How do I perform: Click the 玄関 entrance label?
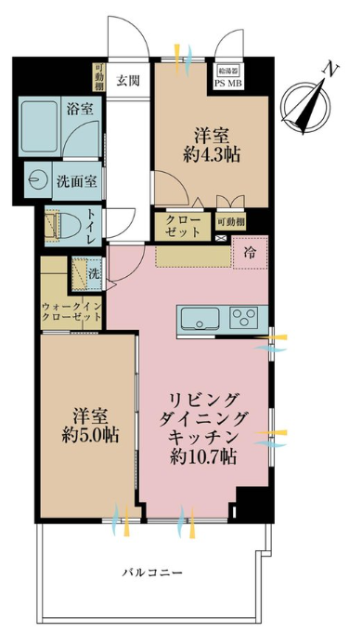(x=128, y=81)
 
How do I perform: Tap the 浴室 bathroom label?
(x=80, y=109)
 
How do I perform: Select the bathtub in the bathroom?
(x=39, y=125)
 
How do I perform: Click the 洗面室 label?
(x=77, y=182)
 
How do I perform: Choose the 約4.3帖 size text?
(x=212, y=154)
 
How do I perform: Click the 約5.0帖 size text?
(x=90, y=435)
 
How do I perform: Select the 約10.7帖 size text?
(x=203, y=456)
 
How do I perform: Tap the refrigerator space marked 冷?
(x=250, y=253)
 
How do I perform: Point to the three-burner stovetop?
(x=243, y=317)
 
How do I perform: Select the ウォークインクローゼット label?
(x=71, y=311)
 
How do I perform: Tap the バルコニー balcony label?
(x=152, y=573)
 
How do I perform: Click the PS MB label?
(x=228, y=83)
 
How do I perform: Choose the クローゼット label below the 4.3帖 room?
(x=183, y=227)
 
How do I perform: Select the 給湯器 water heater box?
(x=228, y=71)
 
